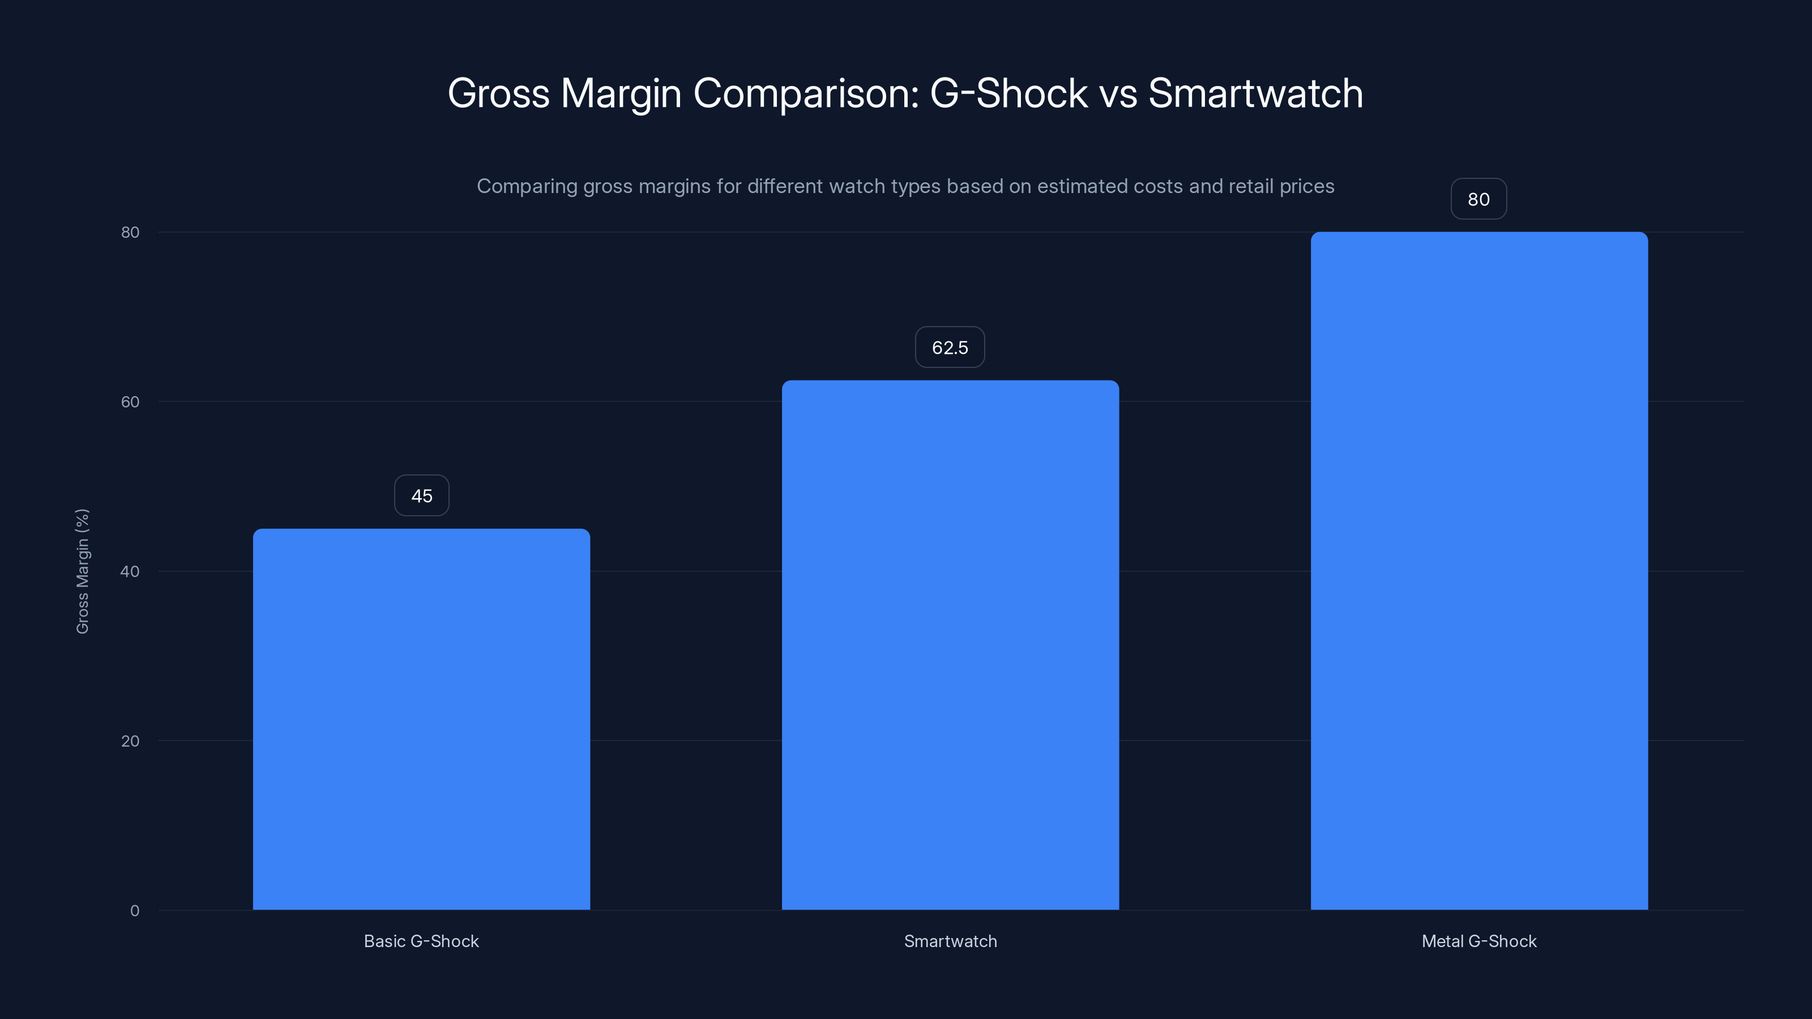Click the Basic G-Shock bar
coord(421,719)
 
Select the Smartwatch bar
coord(950,645)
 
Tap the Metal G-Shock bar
coord(1478,570)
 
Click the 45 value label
coord(421,496)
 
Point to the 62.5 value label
coord(950,348)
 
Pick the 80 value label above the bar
coord(1478,199)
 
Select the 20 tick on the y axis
coord(130,741)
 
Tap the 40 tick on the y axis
coord(130,572)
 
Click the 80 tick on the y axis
coord(130,233)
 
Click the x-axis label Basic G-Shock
coord(421,941)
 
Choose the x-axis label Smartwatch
coord(950,941)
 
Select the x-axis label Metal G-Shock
coord(1478,941)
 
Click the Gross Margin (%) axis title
coord(82,571)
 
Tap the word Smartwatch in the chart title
coord(1255,93)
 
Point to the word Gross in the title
coord(499,93)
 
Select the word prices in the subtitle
coord(1306,186)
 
